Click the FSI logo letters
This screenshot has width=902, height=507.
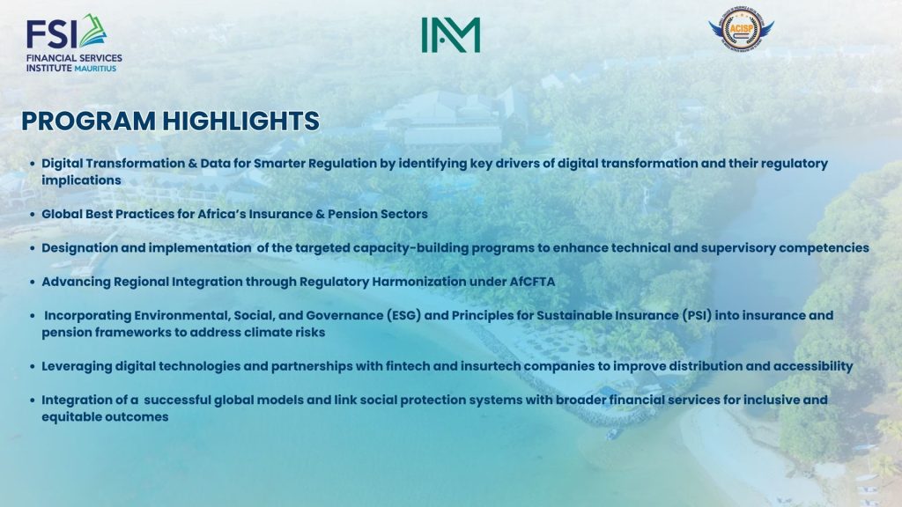point(52,34)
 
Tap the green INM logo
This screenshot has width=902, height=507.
point(450,34)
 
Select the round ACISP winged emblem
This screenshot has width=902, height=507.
point(741,29)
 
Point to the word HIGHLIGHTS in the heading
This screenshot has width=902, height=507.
point(240,121)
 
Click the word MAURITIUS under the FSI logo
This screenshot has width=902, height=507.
point(95,69)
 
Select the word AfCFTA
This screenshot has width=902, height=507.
point(532,282)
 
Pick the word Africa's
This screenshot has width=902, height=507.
point(221,214)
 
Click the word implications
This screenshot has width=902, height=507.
point(81,180)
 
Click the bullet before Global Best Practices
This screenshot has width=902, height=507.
point(33,215)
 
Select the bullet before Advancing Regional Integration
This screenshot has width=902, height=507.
point(33,283)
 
